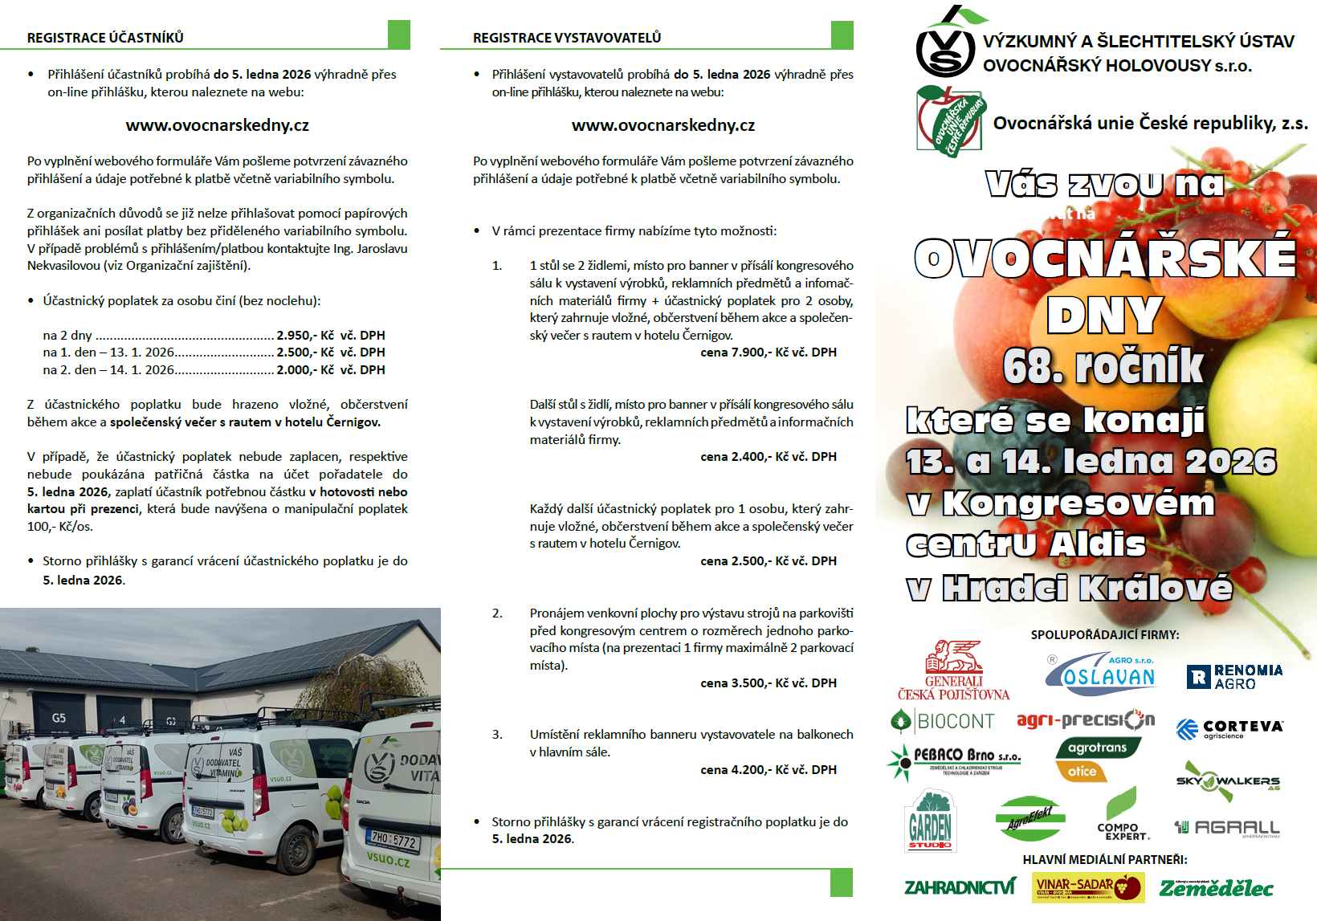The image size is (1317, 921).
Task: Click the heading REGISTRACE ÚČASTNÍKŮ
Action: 105,38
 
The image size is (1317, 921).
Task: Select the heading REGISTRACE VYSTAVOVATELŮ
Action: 567,38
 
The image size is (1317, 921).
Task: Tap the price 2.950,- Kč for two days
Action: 330,335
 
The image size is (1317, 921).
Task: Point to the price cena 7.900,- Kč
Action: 768,353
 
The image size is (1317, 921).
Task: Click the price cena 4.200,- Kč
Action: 768,770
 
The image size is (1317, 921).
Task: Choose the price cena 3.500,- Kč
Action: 768,683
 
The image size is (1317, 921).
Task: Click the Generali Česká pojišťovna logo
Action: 953,671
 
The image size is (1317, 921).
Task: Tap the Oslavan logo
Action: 1101,674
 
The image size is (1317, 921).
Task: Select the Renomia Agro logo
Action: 1234,676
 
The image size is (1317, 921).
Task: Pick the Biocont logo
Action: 943,721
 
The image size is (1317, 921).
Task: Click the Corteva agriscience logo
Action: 1229,728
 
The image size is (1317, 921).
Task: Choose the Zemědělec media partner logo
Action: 1216,888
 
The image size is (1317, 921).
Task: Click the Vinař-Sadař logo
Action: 1087,887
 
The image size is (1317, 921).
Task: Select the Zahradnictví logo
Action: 960,887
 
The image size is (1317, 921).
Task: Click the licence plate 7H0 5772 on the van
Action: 393,840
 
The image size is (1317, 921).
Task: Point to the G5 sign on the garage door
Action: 59,718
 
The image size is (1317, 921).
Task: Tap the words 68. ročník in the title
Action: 1103,366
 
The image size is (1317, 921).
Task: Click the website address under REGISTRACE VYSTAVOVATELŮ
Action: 663,125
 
